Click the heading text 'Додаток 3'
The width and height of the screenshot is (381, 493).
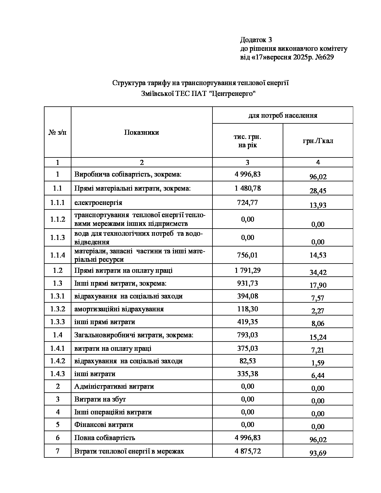(x=256, y=40)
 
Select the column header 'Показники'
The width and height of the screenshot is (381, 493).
(x=141, y=132)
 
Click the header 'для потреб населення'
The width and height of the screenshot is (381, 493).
(x=283, y=115)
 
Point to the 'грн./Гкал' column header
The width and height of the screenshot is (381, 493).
(x=318, y=141)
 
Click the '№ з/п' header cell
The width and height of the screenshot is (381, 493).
(x=57, y=132)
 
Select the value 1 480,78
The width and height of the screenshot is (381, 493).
(x=248, y=188)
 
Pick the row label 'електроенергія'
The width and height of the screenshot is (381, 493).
(x=98, y=203)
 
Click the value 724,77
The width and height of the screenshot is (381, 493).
(x=247, y=202)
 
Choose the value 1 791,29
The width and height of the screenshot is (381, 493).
(x=248, y=270)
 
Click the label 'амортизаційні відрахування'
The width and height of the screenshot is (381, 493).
(x=119, y=309)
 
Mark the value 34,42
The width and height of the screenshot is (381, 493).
(x=318, y=272)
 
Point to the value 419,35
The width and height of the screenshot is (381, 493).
(x=247, y=322)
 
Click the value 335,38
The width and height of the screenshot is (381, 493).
(x=247, y=374)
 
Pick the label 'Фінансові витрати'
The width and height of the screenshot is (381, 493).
(x=104, y=425)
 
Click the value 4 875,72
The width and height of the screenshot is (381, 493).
(x=248, y=451)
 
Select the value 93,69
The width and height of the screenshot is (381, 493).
(x=318, y=453)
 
